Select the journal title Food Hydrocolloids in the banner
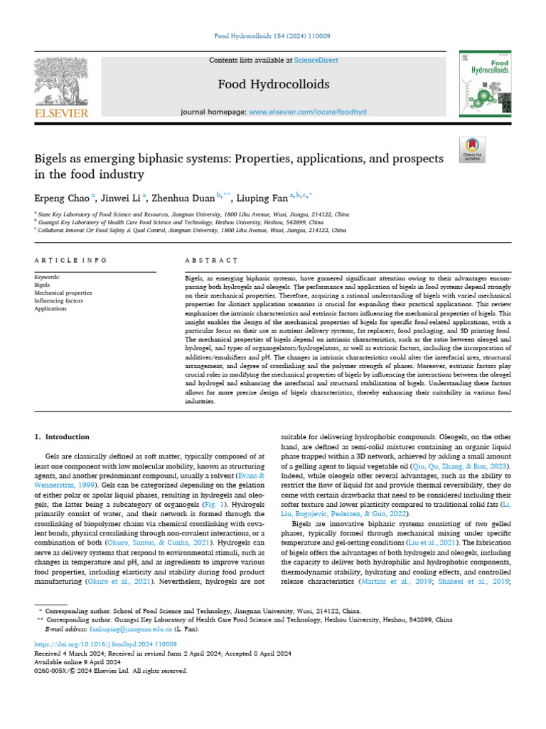[273, 85]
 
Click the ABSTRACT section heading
[206, 261]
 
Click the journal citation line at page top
[273, 36]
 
